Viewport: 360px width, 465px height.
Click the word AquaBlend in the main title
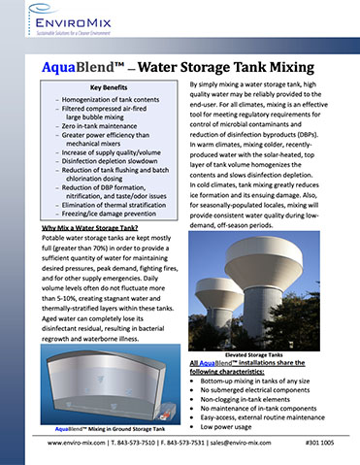click(x=80, y=67)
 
